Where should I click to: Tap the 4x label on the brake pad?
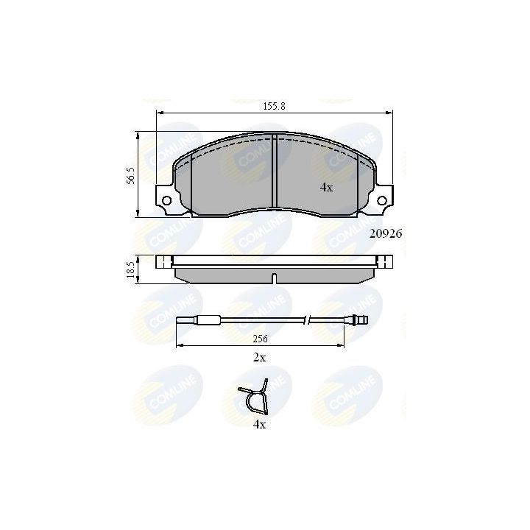[326, 188]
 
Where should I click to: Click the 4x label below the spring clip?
[259, 424]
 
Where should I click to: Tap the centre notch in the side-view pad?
[274, 278]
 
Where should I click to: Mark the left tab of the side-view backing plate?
[164, 260]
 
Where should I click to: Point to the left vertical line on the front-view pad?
[191, 184]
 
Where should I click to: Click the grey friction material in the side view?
[221, 274]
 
